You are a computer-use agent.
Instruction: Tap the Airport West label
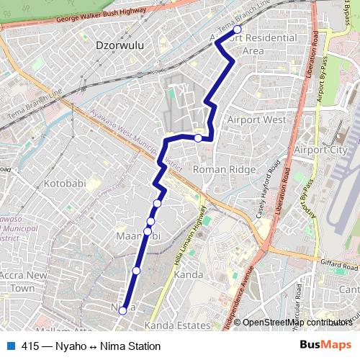pyautogui.click(x=256, y=120)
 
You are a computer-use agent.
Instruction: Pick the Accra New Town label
pyautogui.click(x=23, y=282)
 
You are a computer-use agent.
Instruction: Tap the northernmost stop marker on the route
pyautogui.click(x=238, y=30)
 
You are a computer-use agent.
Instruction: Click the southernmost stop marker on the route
pyautogui.click(x=122, y=310)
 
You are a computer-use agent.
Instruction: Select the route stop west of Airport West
pyautogui.click(x=198, y=138)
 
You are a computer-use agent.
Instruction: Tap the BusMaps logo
pyautogui.click(x=325, y=346)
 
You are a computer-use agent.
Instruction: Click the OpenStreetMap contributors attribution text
pyautogui.click(x=297, y=323)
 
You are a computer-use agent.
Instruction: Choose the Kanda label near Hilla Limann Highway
pyautogui.click(x=189, y=274)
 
